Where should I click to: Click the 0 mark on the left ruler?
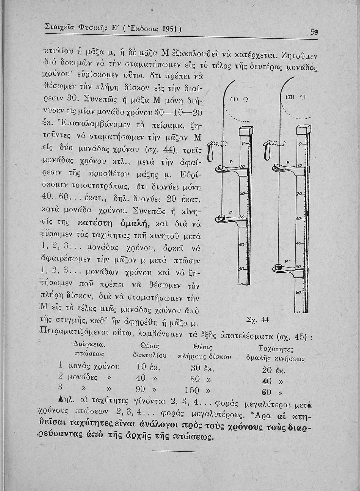coord(243,144)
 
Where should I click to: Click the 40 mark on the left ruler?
coord(242,245)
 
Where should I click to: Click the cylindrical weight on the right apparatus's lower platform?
coord(279,267)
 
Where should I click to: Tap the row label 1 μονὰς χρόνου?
coord(89,366)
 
